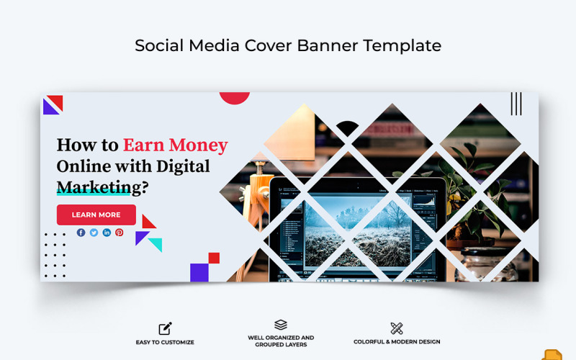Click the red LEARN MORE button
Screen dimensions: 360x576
[96, 215]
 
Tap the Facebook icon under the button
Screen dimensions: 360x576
[81, 233]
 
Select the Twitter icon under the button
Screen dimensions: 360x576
[94, 233]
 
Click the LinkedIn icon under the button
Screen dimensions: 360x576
[107, 233]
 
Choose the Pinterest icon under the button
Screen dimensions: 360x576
[120, 233]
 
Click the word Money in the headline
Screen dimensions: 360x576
[195, 145]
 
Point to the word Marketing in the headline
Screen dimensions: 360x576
[94, 187]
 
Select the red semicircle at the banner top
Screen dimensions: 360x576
[234, 97]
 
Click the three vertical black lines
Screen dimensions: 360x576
[516, 104]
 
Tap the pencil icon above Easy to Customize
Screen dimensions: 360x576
[165, 328]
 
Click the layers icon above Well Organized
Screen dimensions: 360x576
[281, 325]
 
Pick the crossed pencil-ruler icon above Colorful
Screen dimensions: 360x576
[397, 328]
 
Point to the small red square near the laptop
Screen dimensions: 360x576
[214, 258]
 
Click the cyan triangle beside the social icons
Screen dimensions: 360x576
[156, 245]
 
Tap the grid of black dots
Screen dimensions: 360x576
[55, 255]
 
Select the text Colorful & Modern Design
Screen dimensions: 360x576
[397, 342]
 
